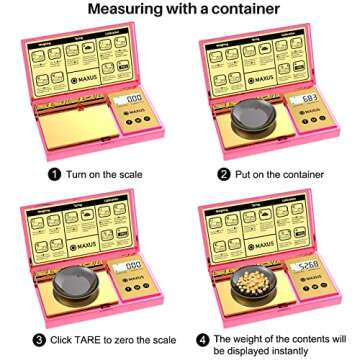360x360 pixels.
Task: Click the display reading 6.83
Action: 307,100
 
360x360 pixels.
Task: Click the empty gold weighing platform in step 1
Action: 75,125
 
